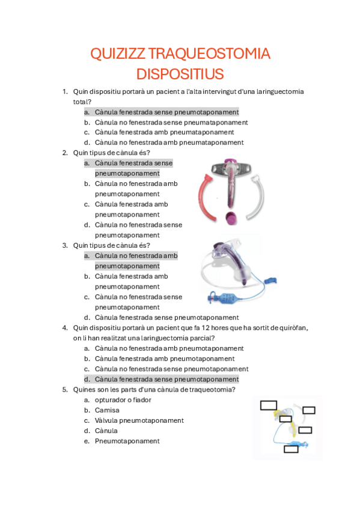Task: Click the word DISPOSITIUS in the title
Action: [x=180, y=74]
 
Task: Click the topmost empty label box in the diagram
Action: [x=268, y=405]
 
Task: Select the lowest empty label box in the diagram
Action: [x=291, y=449]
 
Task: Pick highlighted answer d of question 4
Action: [x=166, y=379]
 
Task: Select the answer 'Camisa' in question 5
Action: [x=107, y=410]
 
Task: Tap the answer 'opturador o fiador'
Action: [x=123, y=400]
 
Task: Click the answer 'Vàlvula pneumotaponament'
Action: [x=139, y=420]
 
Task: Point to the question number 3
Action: [x=64, y=245]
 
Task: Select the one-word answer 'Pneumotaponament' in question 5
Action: [x=127, y=441]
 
